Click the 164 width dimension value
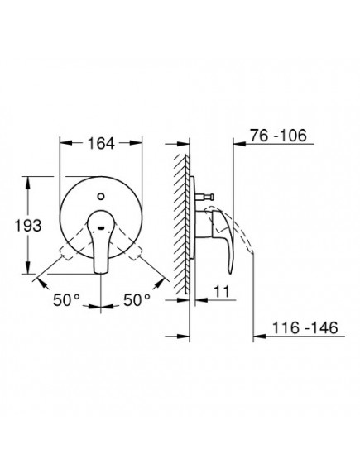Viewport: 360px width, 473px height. coord(101,143)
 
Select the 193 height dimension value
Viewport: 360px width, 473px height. coord(28,226)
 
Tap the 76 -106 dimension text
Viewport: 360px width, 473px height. coord(278,136)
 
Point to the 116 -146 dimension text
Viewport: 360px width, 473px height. coord(305,327)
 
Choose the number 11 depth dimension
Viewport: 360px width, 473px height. coord(222,291)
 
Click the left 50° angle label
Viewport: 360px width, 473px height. coord(67,300)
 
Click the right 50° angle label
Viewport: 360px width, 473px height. coord(137,300)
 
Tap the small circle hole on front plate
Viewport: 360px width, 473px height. coord(101,197)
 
